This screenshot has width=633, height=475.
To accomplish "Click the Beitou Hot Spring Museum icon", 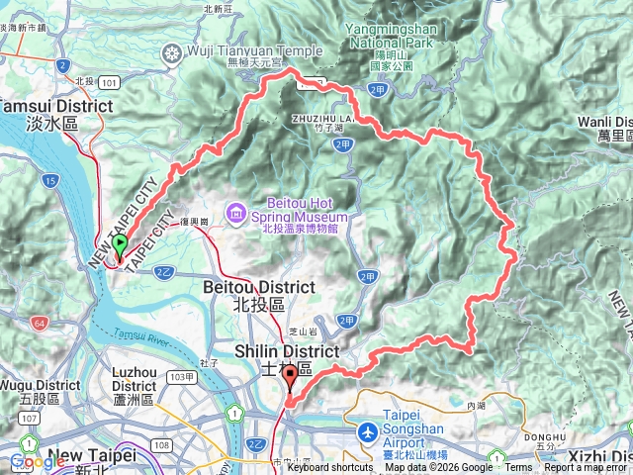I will click(x=236, y=211).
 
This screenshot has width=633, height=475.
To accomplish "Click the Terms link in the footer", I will click(x=518, y=468).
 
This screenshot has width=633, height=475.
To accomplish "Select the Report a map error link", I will click(x=587, y=468).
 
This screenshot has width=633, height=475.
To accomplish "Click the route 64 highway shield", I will click(x=39, y=323).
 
